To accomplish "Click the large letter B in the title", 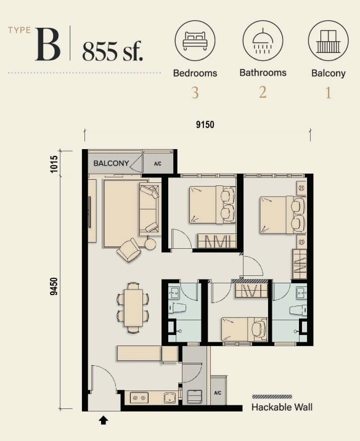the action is (x=48, y=44).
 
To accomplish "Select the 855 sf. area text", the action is (x=113, y=51).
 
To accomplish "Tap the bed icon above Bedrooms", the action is (x=195, y=41).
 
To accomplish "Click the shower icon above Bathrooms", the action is (x=263, y=41).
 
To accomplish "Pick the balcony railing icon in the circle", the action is (x=328, y=41).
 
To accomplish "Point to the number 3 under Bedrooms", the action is (x=195, y=92).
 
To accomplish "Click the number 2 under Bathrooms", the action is (x=263, y=92).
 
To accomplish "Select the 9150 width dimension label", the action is (x=205, y=124).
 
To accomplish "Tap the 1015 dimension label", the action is (x=54, y=164).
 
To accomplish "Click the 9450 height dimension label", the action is (x=54, y=286).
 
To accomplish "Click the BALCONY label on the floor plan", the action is (x=111, y=163).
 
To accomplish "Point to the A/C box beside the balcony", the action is (x=158, y=163).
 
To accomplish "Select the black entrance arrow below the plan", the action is (x=104, y=420).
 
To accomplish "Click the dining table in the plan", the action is (x=133, y=308).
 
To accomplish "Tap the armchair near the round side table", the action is (x=129, y=250).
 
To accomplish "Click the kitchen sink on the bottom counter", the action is (x=170, y=398).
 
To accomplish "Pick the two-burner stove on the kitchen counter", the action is (x=139, y=398).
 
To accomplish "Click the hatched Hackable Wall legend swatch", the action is (x=272, y=397).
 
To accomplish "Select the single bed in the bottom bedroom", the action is (x=244, y=330).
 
